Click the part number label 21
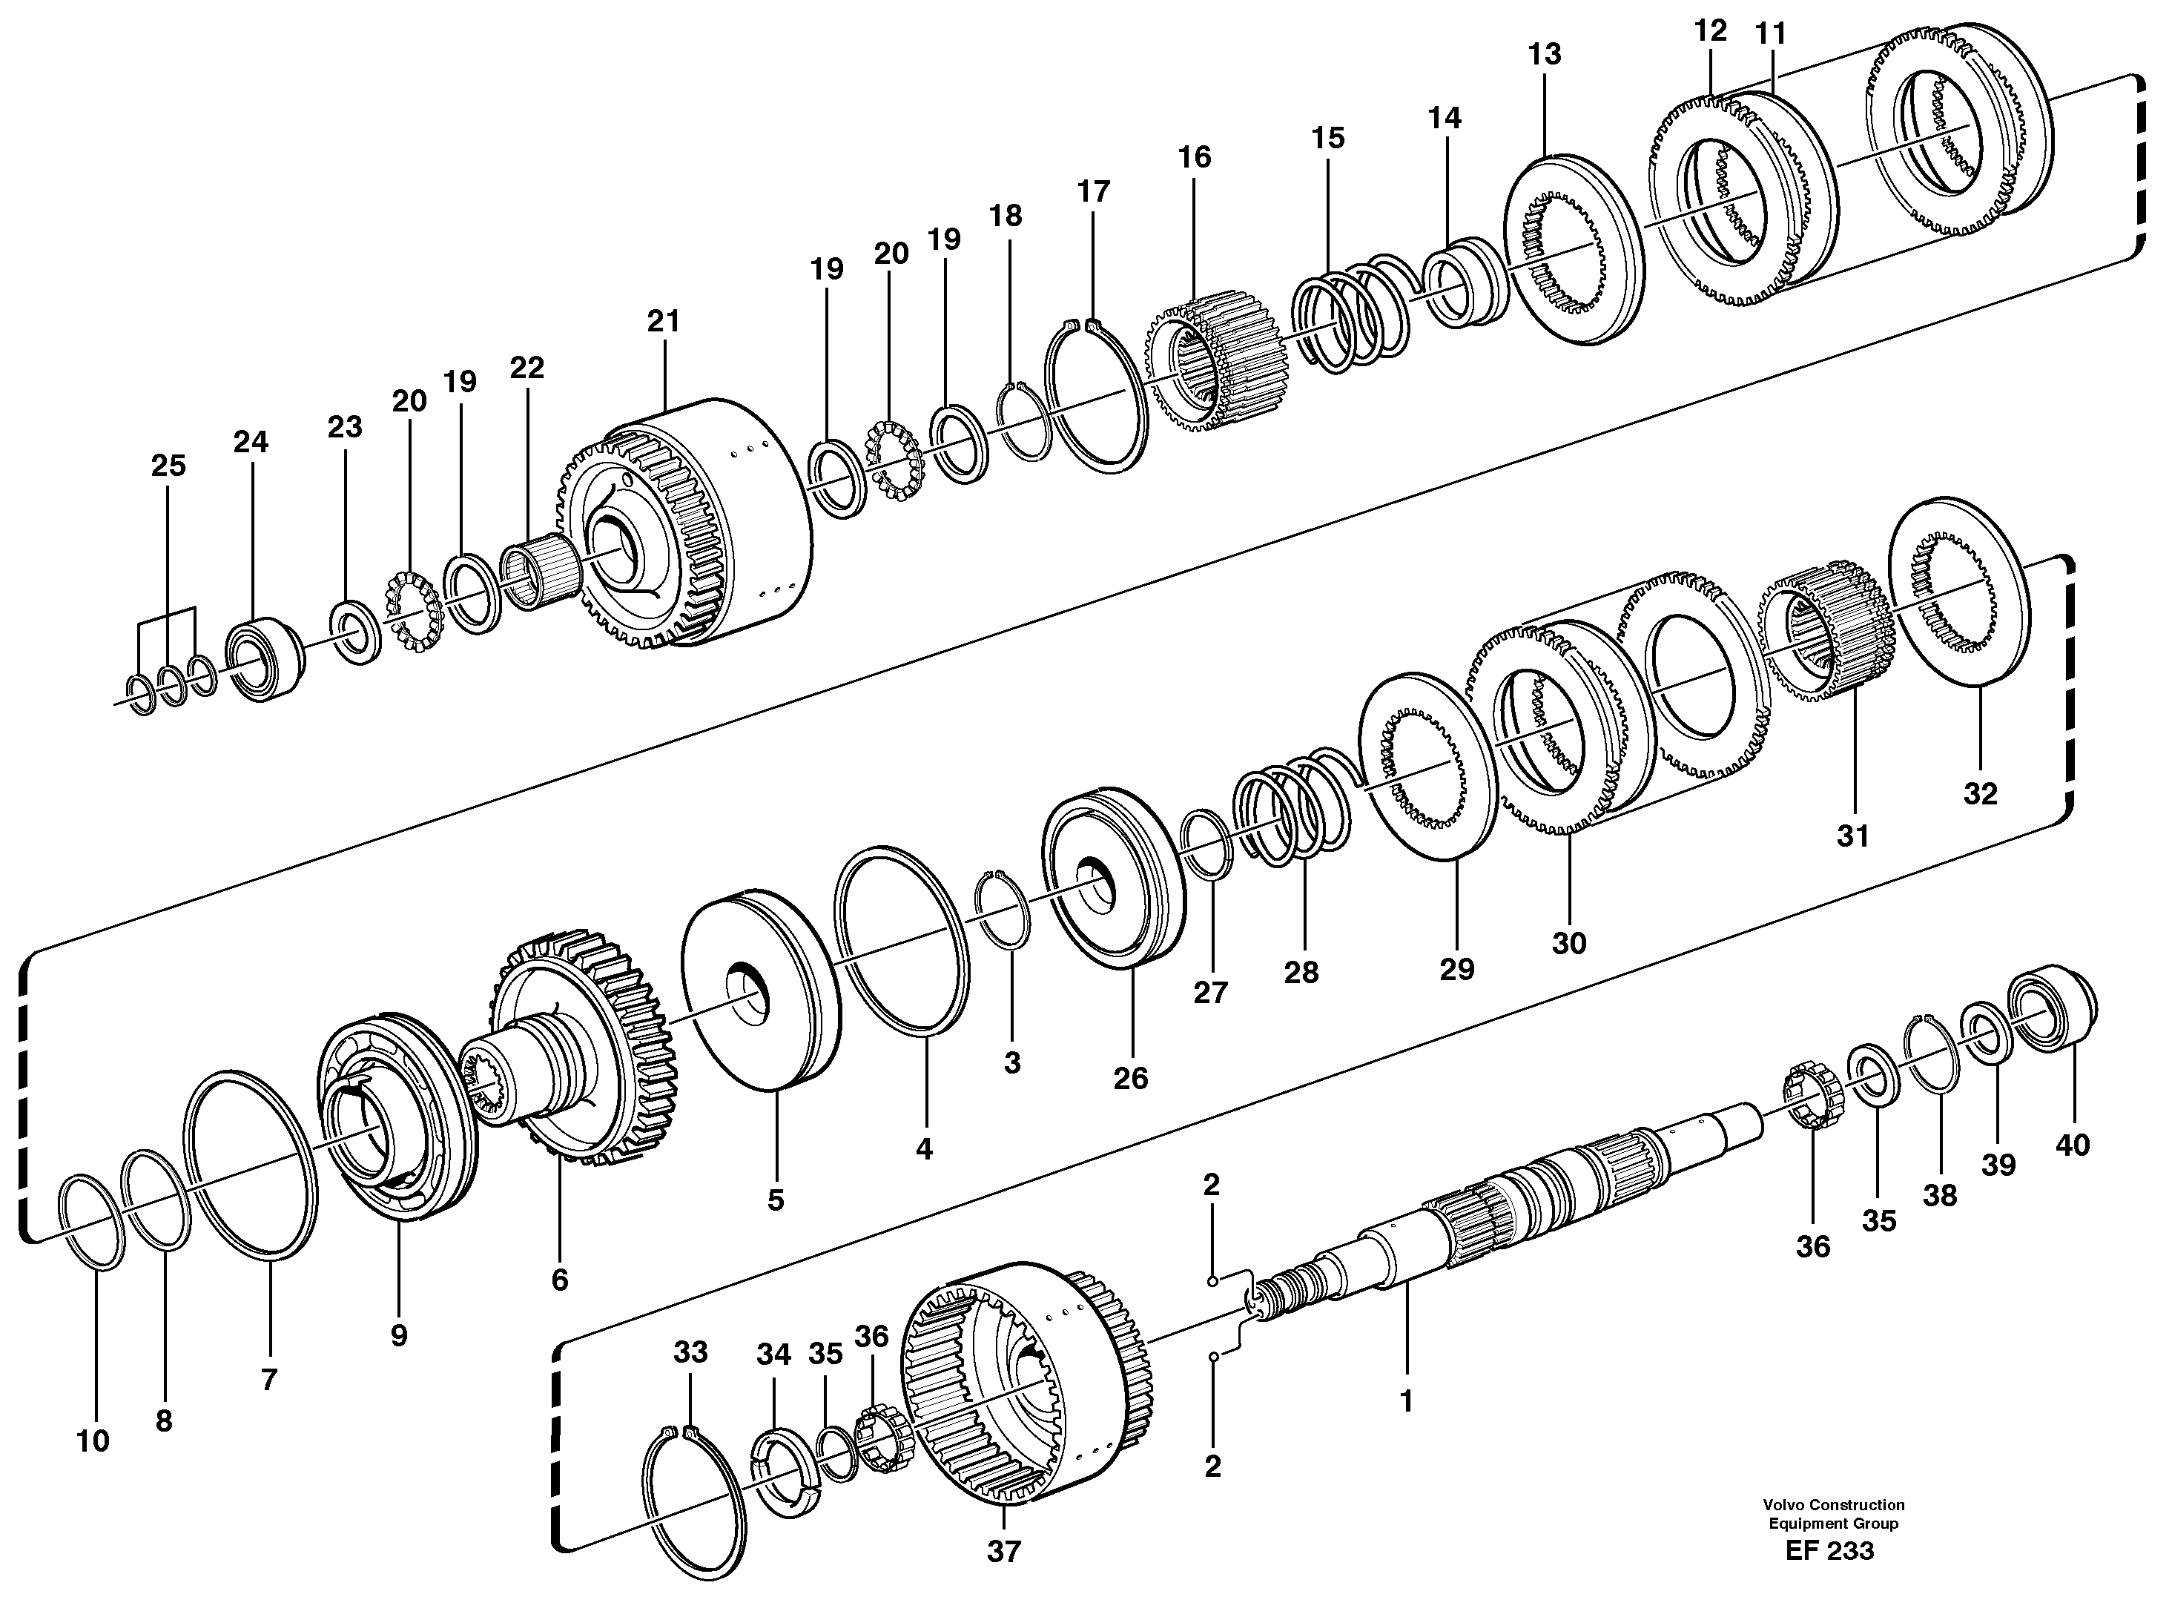coord(664,322)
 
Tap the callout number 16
coord(1194,157)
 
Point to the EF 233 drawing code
coord(1829,1550)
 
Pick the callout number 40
coord(2073,1144)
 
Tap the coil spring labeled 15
coord(1353,313)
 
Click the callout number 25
coord(168,466)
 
